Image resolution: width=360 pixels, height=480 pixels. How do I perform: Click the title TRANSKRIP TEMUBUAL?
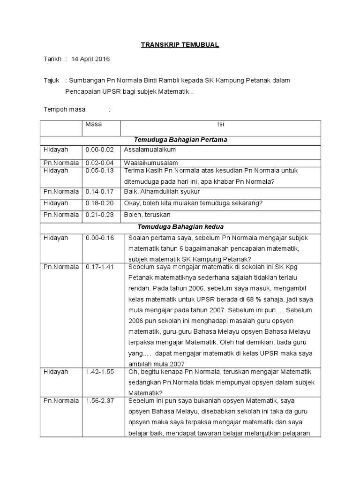click(x=180, y=45)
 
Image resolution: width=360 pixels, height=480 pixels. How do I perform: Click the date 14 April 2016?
click(x=90, y=59)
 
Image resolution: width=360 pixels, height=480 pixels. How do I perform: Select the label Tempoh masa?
click(x=65, y=110)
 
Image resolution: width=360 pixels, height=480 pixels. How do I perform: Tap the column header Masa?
click(x=93, y=125)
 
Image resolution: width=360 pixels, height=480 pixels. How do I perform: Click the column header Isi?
click(x=220, y=125)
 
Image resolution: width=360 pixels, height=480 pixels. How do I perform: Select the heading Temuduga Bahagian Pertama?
click(x=180, y=140)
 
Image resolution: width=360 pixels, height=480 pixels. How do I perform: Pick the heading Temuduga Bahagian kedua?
click(x=180, y=226)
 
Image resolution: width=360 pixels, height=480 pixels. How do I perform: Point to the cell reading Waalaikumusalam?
click(x=150, y=163)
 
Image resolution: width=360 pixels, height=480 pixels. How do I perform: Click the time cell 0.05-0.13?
click(x=99, y=171)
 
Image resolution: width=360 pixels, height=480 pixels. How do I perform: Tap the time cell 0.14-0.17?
click(x=99, y=192)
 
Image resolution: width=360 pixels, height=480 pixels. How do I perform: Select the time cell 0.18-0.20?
click(x=99, y=203)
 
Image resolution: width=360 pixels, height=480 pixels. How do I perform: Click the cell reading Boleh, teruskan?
click(x=147, y=214)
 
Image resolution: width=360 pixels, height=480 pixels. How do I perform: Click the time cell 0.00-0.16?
click(x=99, y=238)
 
